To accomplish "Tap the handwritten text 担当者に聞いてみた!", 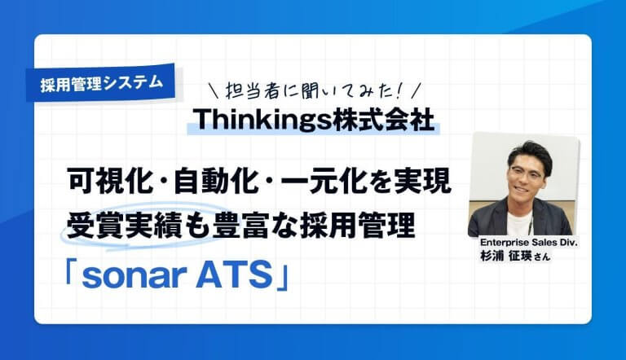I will click(315, 87).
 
